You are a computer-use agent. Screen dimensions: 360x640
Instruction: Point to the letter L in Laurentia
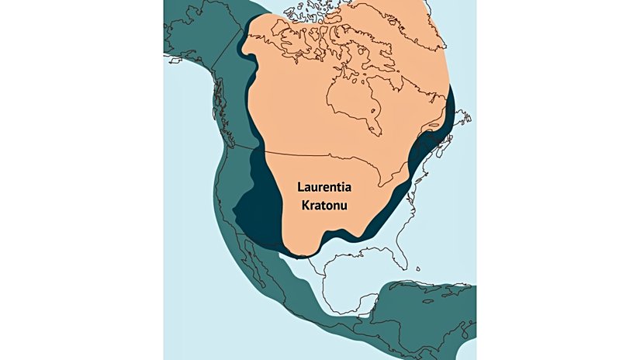click(x=302, y=188)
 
